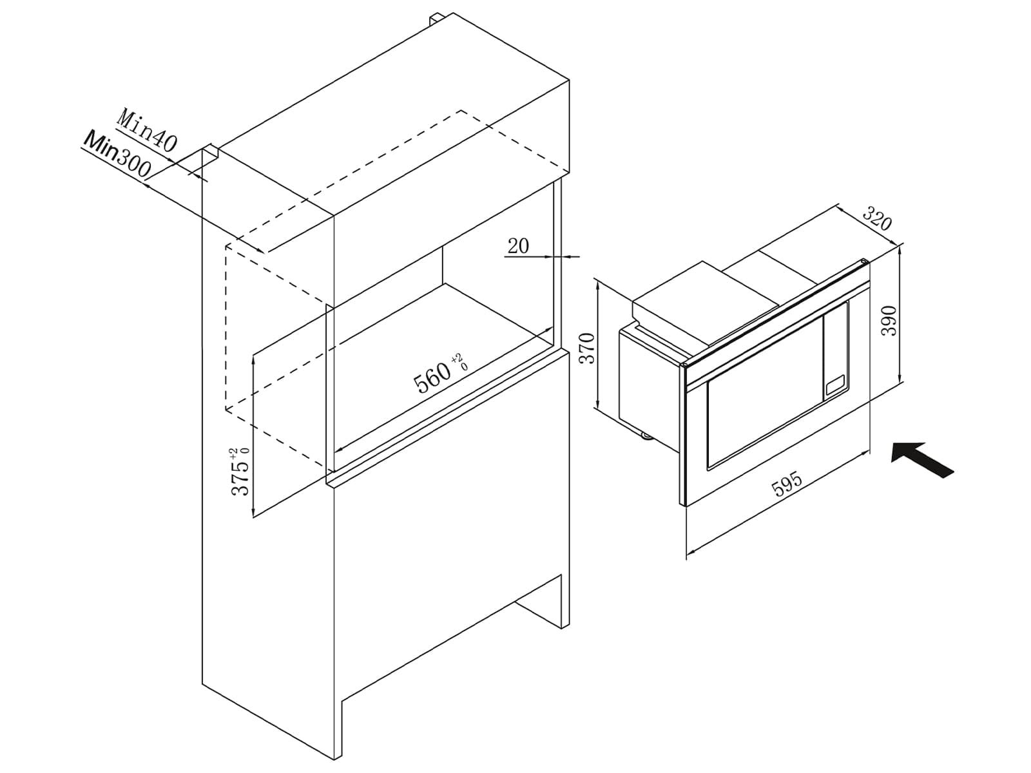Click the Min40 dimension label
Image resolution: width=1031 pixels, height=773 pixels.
147,129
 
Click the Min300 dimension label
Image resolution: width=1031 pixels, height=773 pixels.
117,155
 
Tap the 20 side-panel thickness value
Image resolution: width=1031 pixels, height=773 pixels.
518,246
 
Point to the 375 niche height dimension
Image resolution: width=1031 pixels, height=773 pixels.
240,478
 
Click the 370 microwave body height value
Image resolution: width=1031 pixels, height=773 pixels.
587,348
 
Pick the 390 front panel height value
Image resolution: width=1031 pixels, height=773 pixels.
889,321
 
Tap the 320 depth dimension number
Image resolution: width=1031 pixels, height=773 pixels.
876,218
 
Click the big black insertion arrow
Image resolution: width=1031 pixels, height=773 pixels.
921,459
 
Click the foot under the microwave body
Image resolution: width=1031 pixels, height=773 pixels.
645,437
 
